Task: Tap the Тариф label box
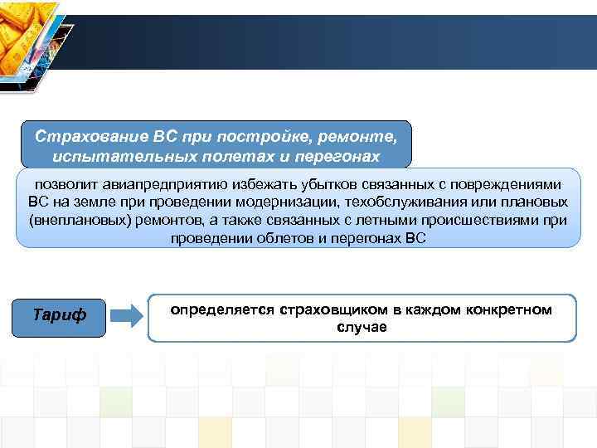coord(65,316)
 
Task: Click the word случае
coord(362,327)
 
